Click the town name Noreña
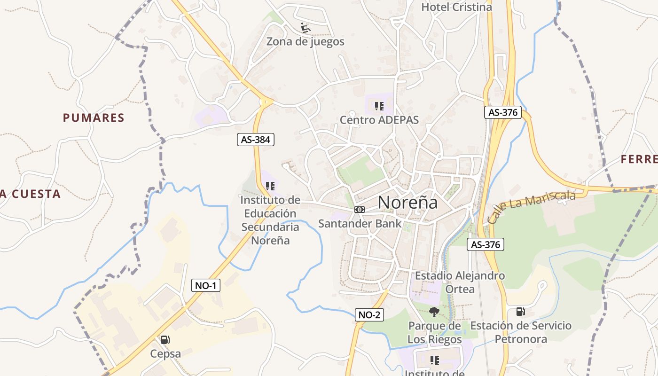pyautogui.click(x=407, y=202)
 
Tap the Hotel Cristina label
pyautogui.click(x=456, y=7)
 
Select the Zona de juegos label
pyautogui.click(x=305, y=41)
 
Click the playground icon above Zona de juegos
pyautogui.click(x=305, y=28)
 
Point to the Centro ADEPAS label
pyautogui.click(x=379, y=119)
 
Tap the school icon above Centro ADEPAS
pyautogui.click(x=379, y=106)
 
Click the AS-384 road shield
pyautogui.click(x=255, y=140)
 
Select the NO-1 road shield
pyautogui.click(x=206, y=285)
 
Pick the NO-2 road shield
pyautogui.click(x=369, y=315)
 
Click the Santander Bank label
pyautogui.click(x=360, y=223)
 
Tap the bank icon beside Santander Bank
pyautogui.click(x=360, y=210)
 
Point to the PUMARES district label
pyautogui.click(x=94, y=118)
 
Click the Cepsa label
pyautogui.click(x=165, y=353)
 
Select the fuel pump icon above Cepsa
pyautogui.click(x=165, y=339)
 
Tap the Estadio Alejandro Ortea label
pyautogui.click(x=460, y=282)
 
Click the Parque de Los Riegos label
pyautogui.click(x=434, y=332)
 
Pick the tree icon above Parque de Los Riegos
pyautogui.click(x=434, y=312)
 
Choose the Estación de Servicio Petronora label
pyautogui.click(x=521, y=332)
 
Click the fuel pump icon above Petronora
pyautogui.click(x=520, y=311)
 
